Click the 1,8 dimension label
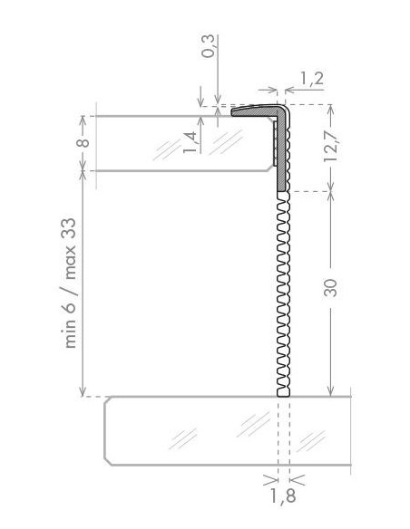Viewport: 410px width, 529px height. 282,495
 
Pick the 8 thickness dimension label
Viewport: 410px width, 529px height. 83,141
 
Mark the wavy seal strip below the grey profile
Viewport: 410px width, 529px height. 282,290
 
